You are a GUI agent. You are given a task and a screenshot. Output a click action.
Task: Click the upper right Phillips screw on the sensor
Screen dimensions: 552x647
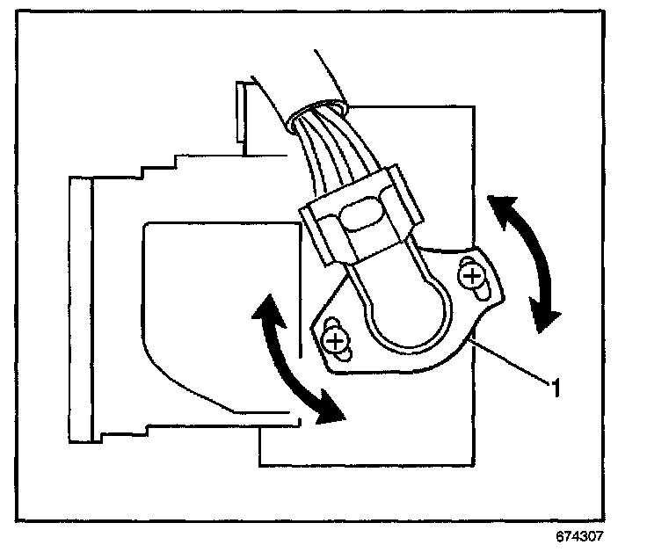click(474, 279)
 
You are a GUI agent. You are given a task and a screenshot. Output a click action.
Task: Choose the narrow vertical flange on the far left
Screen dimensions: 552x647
click(80, 308)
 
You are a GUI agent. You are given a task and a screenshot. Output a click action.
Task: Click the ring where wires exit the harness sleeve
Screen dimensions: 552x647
click(316, 113)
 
